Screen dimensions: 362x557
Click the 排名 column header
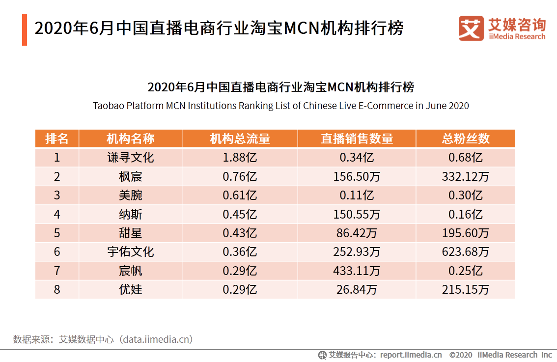tap(56, 139)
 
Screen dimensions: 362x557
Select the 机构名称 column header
tap(130, 139)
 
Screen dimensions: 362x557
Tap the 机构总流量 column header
tap(240, 139)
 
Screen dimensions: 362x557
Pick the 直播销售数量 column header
tap(357, 139)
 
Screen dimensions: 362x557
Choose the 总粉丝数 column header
tap(465, 139)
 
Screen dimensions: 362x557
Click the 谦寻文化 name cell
tap(130, 158)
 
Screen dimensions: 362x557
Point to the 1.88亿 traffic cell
tap(240, 158)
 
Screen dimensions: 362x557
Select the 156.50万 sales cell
tap(357, 176)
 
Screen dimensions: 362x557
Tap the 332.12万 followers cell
tap(465, 176)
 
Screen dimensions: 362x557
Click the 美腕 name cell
tap(130, 195)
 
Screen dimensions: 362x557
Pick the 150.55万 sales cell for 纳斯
tap(357, 214)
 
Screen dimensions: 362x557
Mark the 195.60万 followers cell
tap(465, 233)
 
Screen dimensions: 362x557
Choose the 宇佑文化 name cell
tap(130, 252)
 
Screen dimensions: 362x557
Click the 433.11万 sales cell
tap(357, 271)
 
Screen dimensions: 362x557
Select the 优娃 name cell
tap(130, 289)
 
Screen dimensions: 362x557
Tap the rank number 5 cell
tap(56, 233)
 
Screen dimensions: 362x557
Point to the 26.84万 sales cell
tap(357, 289)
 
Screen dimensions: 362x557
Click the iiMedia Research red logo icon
tap(471, 28)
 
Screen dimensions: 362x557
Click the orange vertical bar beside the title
tap(25, 29)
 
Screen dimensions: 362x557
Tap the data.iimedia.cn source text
tap(157, 339)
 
